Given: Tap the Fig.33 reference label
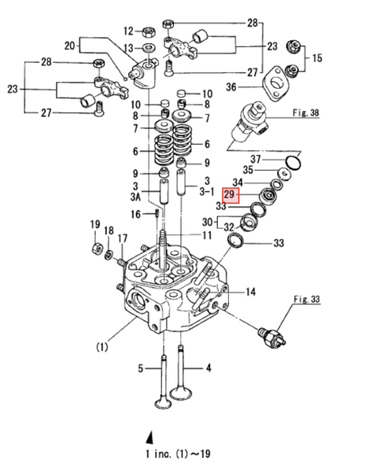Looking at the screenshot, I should point(306,300).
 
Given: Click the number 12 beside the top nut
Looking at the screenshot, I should point(127,31).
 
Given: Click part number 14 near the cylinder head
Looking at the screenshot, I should point(250,293).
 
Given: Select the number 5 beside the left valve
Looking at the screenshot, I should point(142,367).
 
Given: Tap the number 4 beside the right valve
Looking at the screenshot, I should point(208,367).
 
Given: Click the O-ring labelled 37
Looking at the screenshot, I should point(292,163).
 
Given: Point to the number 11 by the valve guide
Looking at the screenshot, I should point(207,235).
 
